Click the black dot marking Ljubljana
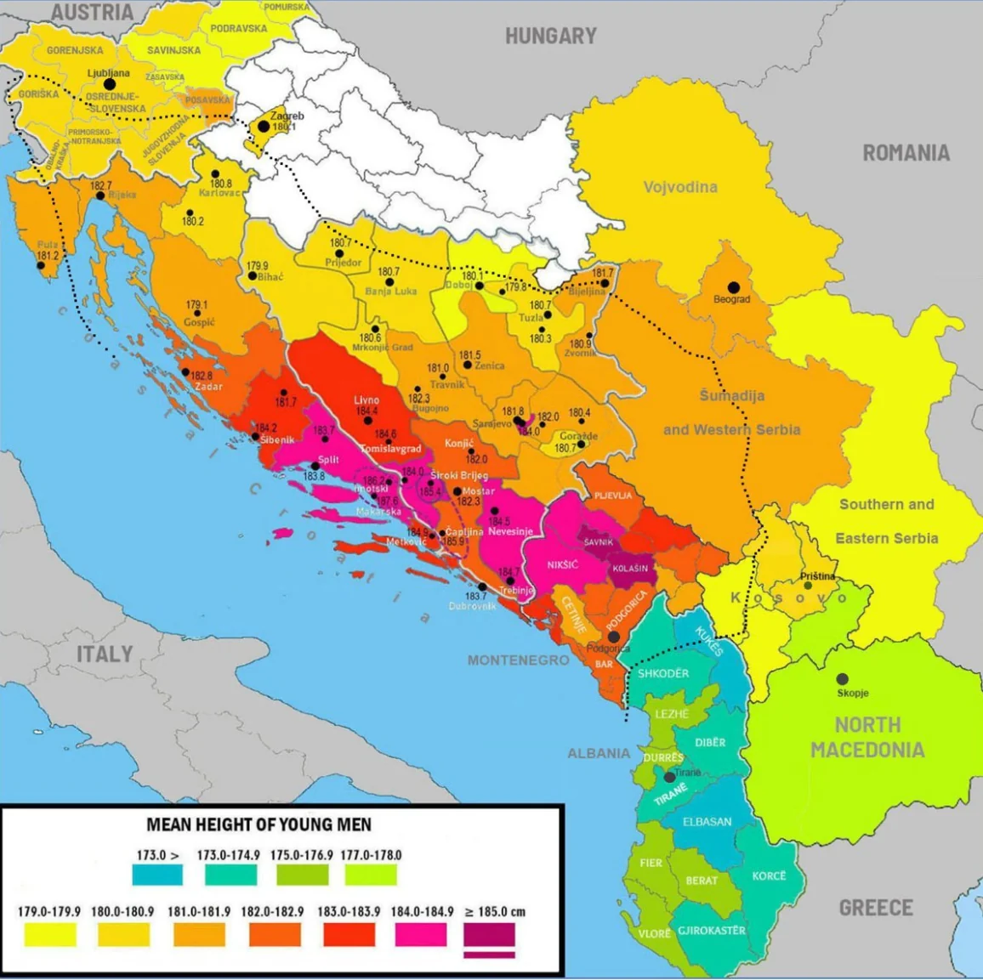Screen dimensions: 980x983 tap(110, 84)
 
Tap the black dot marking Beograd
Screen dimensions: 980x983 tap(733, 287)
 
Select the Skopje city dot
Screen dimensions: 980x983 tap(842, 678)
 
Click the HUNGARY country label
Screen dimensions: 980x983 tap(550, 36)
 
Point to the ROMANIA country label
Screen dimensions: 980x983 tap(906, 153)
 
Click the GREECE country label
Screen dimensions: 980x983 tap(876, 907)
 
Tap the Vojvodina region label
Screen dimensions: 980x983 tap(680, 187)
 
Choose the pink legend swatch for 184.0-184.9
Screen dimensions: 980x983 tap(421, 935)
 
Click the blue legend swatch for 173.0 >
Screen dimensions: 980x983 tap(157, 875)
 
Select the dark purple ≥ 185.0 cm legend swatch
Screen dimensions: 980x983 tap(489, 935)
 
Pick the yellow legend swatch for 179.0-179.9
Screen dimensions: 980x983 tap(49, 935)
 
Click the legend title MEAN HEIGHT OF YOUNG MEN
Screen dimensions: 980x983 tap(259, 824)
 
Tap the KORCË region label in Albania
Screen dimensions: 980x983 tap(769, 875)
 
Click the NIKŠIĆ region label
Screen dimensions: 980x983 tap(562, 564)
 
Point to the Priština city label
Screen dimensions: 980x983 tap(817, 576)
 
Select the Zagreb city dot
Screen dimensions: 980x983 tap(264, 127)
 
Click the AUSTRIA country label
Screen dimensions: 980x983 tap(92, 12)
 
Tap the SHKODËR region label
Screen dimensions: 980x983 tap(663, 673)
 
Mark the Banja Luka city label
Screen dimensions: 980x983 tap(391, 292)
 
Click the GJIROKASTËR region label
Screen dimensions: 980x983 tap(711, 930)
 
